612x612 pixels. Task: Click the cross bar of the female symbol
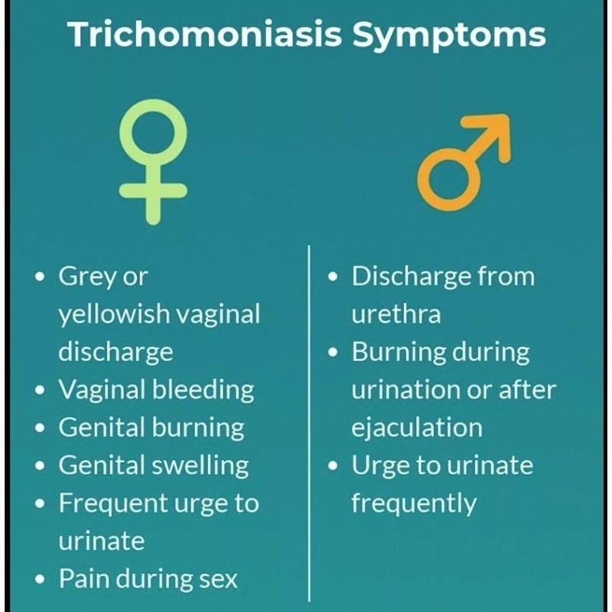pyautogui.click(x=153, y=190)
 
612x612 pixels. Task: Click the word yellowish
pyautogui.click(x=114, y=314)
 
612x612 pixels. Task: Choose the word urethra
pyautogui.click(x=396, y=314)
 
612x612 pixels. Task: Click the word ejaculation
pyautogui.click(x=417, y=428)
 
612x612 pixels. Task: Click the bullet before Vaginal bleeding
pyautogui.click(x=40, y=390)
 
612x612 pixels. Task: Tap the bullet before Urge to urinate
pyautogui.click(x=333, y=466)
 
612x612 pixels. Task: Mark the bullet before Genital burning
pyautogui.click(x=40, y=428)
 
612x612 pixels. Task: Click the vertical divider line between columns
pyautogui.click(x=309, y=424)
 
